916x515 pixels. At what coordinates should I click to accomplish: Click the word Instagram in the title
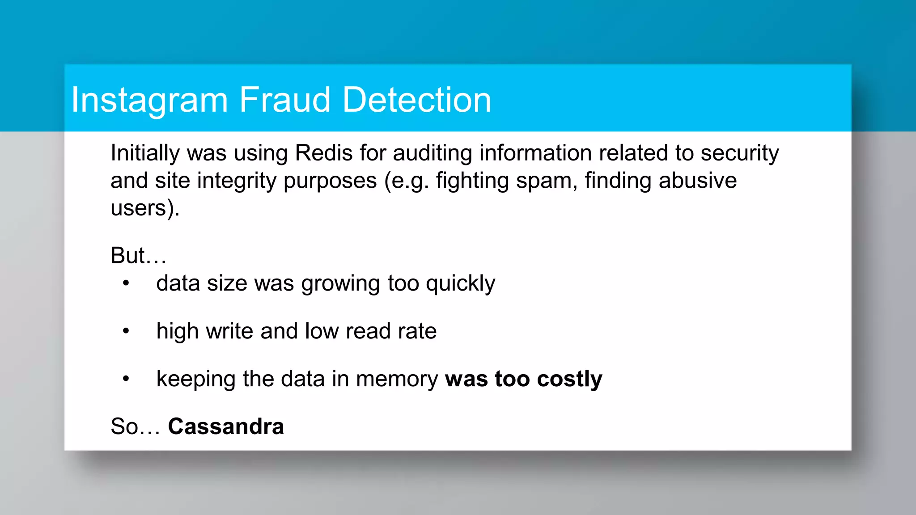[x=150, y=100]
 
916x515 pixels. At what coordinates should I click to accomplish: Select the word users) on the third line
[x=144, y=208]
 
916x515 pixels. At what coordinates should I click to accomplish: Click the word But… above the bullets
[x=139, y=255]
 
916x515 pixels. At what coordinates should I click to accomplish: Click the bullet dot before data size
[x=126, y=283]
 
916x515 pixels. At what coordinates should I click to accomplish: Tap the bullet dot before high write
[x=126, y=331]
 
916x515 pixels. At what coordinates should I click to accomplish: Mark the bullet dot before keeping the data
[x=126, y=379]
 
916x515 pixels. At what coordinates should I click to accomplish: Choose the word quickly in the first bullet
[x=460, y=284]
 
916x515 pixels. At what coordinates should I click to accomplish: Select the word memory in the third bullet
[x=397, y=380]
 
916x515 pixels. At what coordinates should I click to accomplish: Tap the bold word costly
[x=569, y=380]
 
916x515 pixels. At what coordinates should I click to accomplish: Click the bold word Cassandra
[x=226, y=426]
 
